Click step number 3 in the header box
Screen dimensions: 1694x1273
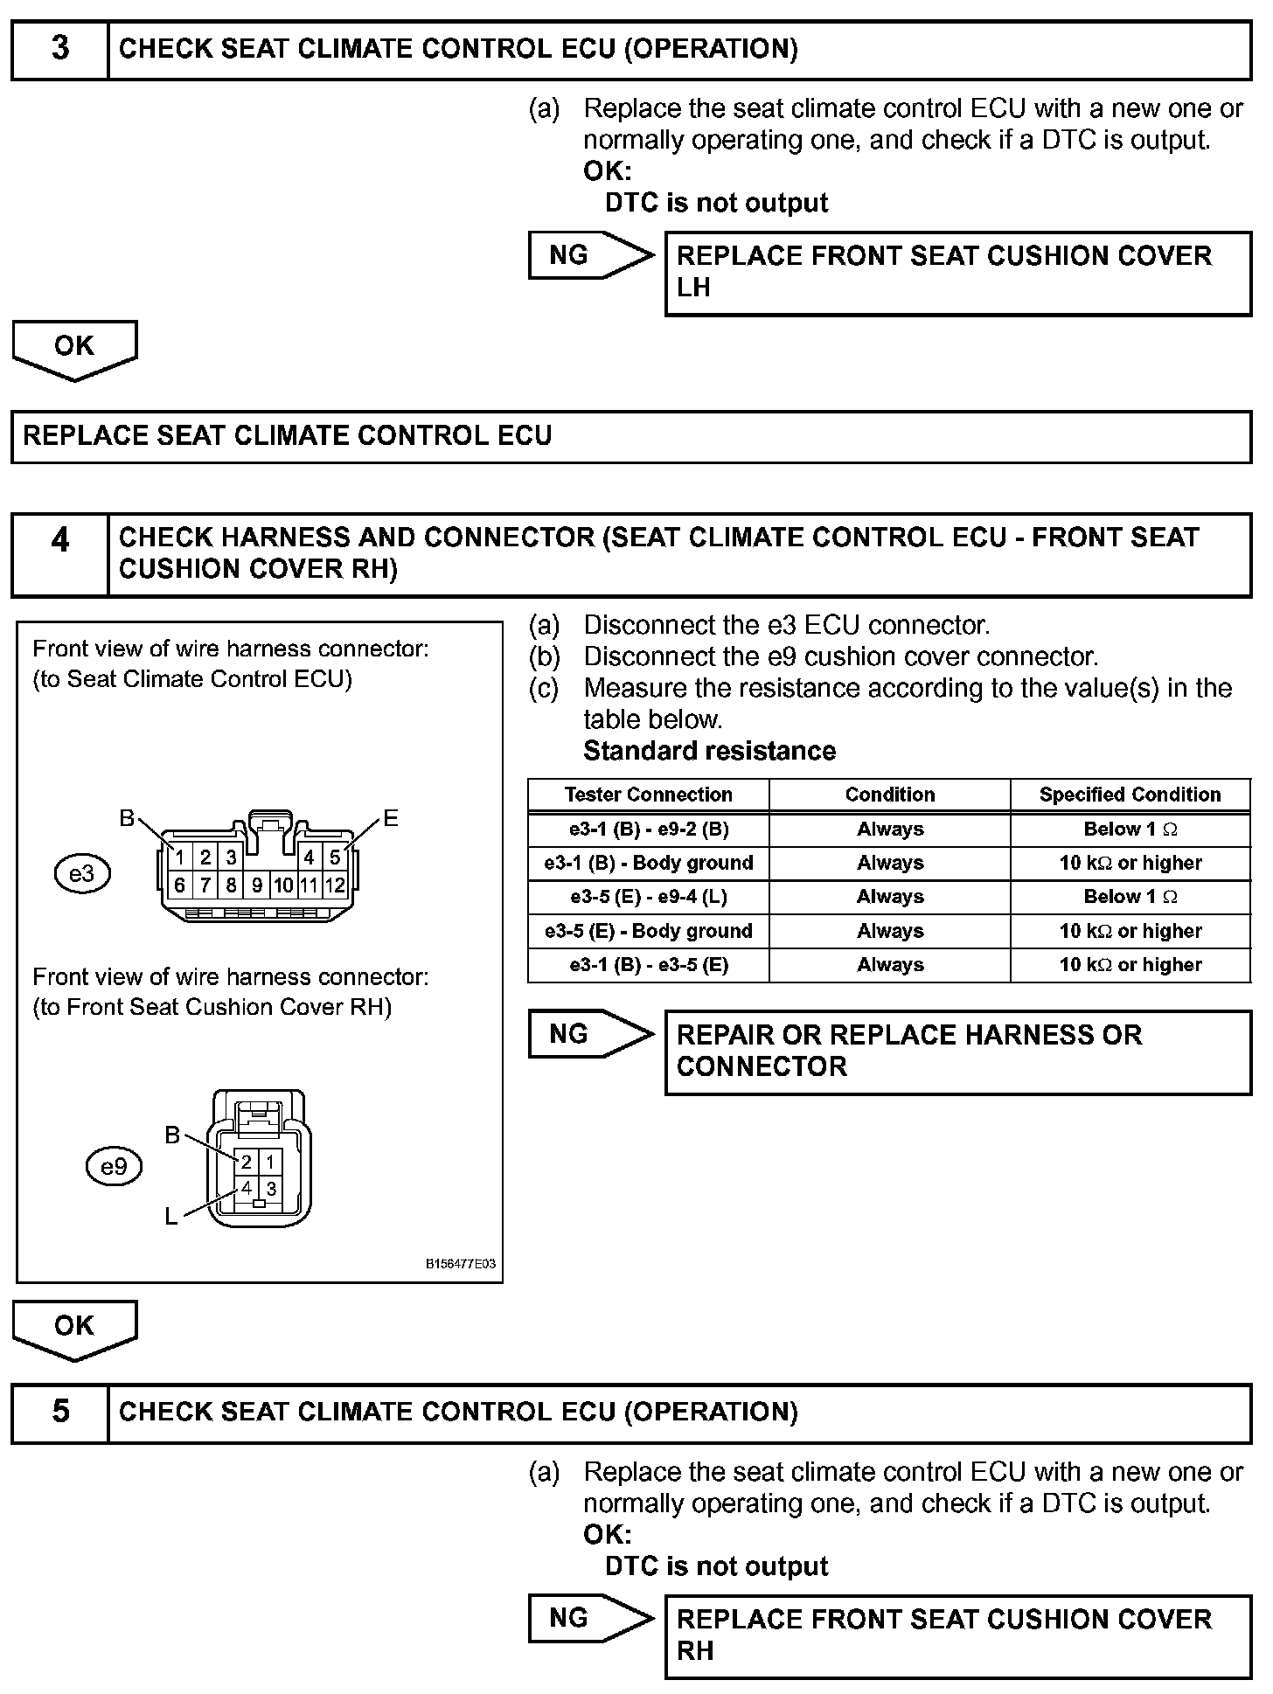[59, 49]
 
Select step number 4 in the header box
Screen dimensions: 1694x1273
[59, 540]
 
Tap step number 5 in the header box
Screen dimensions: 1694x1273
[59, 1411]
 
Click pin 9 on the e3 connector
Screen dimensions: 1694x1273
[257, 885]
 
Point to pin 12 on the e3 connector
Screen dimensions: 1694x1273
[335, 885]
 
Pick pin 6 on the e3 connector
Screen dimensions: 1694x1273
[179, 885]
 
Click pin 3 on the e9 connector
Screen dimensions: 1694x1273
[272, 1189]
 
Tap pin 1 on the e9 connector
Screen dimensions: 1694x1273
[271, 1162]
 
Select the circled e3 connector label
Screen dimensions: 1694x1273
[82, 873]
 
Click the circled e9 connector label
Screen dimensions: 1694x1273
[115, 1166]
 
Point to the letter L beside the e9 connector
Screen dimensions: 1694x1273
[171, 1216]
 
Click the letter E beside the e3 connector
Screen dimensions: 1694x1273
[391, 818]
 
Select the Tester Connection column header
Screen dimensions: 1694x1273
[648, 795]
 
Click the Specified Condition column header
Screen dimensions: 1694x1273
[1130, 795]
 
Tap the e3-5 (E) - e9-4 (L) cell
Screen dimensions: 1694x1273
[648, 897]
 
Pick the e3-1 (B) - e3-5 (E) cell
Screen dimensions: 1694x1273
[648, 965]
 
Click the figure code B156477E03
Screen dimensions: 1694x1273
[461, 1264]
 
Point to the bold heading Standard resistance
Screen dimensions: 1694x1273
[709, 751]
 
